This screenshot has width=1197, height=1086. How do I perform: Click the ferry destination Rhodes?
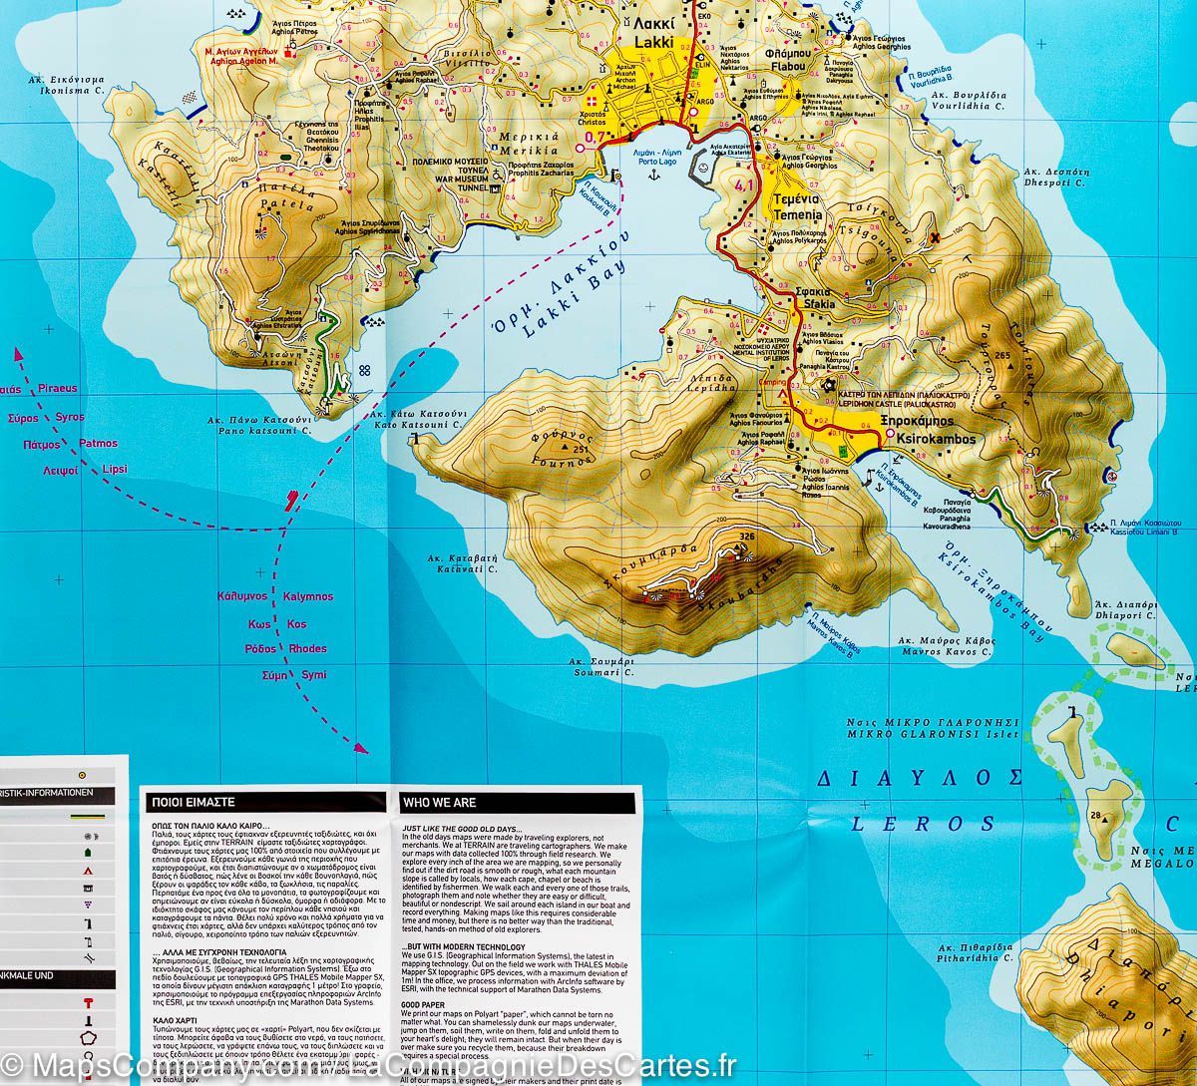click(x=307, y=649)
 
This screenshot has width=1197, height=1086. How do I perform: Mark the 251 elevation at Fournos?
click(x=581, y=451)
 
